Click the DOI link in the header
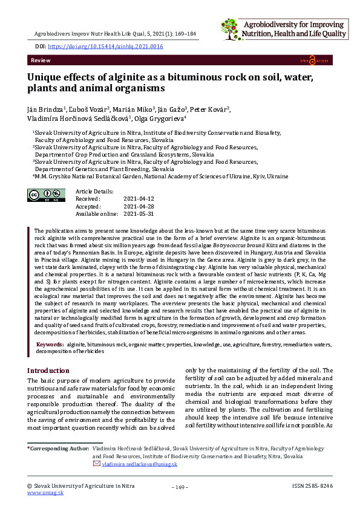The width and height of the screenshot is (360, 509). tap(105, 46)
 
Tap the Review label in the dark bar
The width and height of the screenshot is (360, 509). tap(41, 62)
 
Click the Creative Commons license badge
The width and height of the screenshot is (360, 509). tap(47, 195)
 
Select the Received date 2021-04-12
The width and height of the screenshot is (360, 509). tap(139, 198)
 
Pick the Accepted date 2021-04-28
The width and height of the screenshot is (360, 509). tap(139, 206)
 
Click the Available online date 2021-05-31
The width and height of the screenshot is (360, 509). tap(139, 214)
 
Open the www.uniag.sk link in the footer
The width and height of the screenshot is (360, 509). tap(45, 493)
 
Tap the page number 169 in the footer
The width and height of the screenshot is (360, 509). tap(180, 487)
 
